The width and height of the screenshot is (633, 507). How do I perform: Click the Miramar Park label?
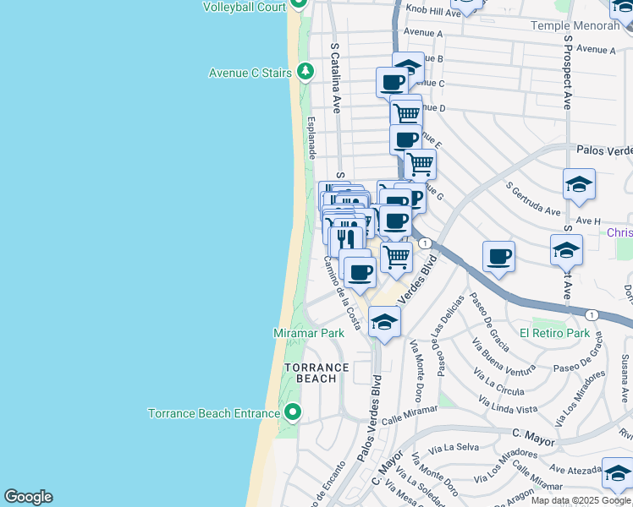point(308,333)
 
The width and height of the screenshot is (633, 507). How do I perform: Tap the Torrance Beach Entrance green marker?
point(294,412)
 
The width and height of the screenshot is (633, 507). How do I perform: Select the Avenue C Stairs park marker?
point(305,73)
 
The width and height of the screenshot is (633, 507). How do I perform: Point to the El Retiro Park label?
point(554,333)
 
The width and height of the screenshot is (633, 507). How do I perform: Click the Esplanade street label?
point(311,137)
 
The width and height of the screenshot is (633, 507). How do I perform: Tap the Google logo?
point(28,497)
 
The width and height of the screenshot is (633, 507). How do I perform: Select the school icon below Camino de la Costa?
point(384,322)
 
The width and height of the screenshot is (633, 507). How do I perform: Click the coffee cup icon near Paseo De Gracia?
point(498,255)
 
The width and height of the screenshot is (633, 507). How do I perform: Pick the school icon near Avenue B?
point(408,67)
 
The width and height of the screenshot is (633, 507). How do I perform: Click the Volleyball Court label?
point(244,7)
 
